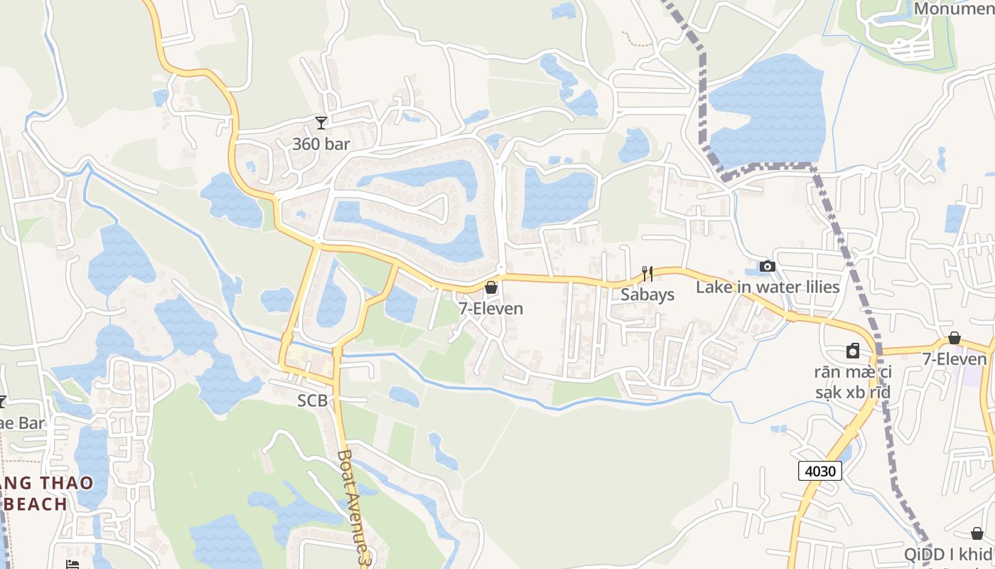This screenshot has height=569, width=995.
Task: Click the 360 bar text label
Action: (321, 144)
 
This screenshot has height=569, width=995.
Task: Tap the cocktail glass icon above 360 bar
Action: (321, 123)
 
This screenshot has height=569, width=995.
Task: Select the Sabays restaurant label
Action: (647, 294)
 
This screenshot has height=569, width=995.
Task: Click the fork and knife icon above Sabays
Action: (647, 274)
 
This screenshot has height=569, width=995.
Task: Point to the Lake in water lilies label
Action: (768, 287)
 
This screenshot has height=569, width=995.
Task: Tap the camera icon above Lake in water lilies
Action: (768, 267)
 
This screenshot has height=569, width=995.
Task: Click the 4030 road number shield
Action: (820, 470)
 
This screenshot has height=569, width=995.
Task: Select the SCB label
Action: (313, 400)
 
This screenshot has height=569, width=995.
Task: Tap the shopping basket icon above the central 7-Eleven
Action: (491, 288)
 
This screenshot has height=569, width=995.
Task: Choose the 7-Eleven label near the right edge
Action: (954, 359)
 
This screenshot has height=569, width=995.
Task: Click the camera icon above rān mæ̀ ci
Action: (853, 351)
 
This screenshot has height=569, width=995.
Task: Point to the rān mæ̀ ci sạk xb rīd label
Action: (853, 382)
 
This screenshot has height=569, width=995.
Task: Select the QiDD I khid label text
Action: (949, 555)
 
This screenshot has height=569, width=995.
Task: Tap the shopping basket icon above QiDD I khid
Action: (977, 533)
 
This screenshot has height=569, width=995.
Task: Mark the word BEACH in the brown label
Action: (36, 504)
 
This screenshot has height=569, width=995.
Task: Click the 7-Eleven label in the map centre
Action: (491, 309)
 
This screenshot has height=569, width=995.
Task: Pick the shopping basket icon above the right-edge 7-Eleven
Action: (954, 338)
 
